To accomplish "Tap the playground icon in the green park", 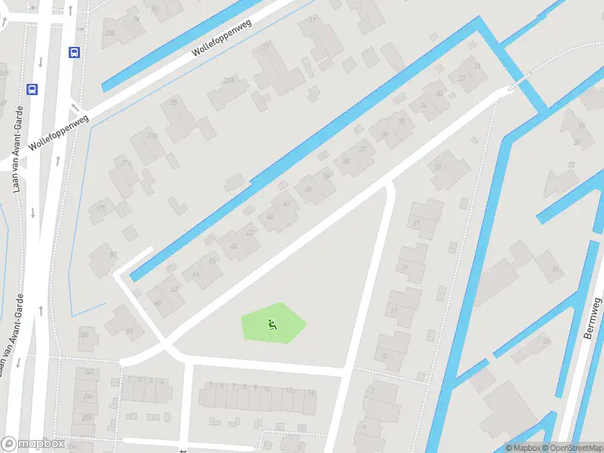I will [273, 325].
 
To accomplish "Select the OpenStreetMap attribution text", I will [570, 448].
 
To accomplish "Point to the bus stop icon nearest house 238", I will [75, 52].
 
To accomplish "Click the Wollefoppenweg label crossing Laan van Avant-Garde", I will [59, 131].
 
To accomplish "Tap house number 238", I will [109, 32].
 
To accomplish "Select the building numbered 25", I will [174, 103].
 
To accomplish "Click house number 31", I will [476, 66].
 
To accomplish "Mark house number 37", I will [362, 148].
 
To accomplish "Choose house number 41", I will [286, 203].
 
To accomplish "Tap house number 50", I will [113, 254].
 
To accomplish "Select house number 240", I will [84, 336].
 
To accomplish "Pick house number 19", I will [404, 267].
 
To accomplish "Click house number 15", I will [384, 356].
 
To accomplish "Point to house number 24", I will [556, 268].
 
